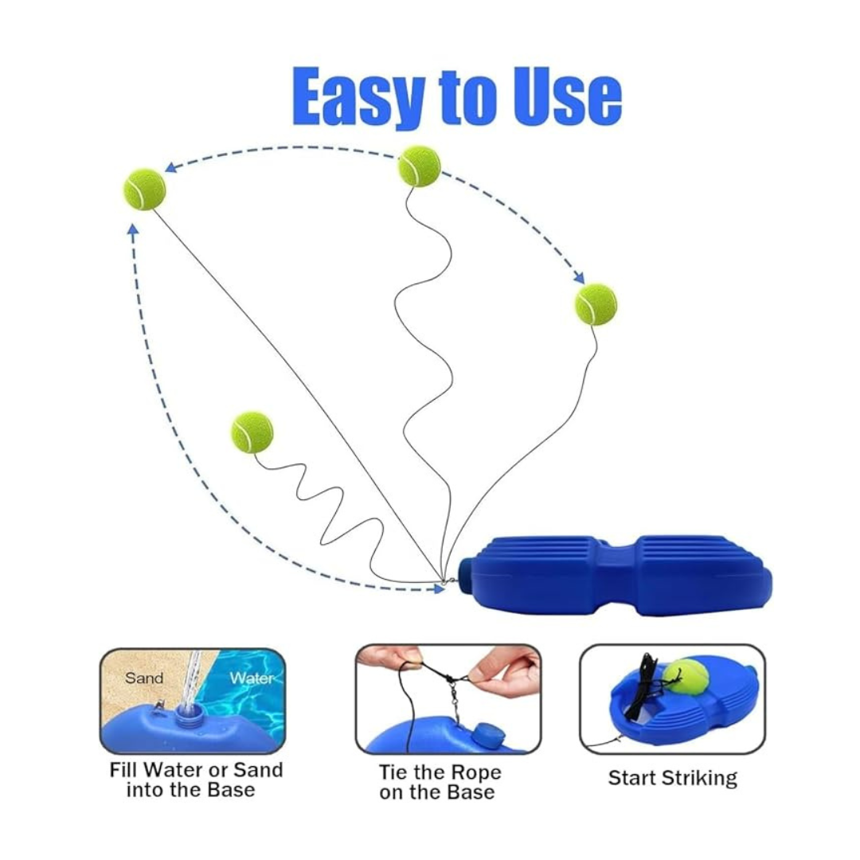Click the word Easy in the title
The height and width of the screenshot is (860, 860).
(x=359, y=97)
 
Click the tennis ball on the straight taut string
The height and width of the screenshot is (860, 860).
(x=144, y=190)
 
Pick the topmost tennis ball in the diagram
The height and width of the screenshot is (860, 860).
(x=419, y=166)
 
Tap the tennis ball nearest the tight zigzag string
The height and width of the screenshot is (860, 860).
(x=252, y=432)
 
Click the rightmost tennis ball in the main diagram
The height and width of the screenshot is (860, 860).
(x=596, y=304)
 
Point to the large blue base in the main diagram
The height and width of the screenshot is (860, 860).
(x=621, y=575)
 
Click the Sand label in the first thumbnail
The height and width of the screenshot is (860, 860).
(x=143, y=678)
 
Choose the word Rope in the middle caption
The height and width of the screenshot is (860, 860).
(x=473, y=772)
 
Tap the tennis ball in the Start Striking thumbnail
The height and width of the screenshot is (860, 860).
(x=686, y=676)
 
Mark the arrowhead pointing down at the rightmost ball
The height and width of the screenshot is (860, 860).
(x=580, y=278)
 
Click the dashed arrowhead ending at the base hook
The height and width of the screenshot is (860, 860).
(x=439, y=589)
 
